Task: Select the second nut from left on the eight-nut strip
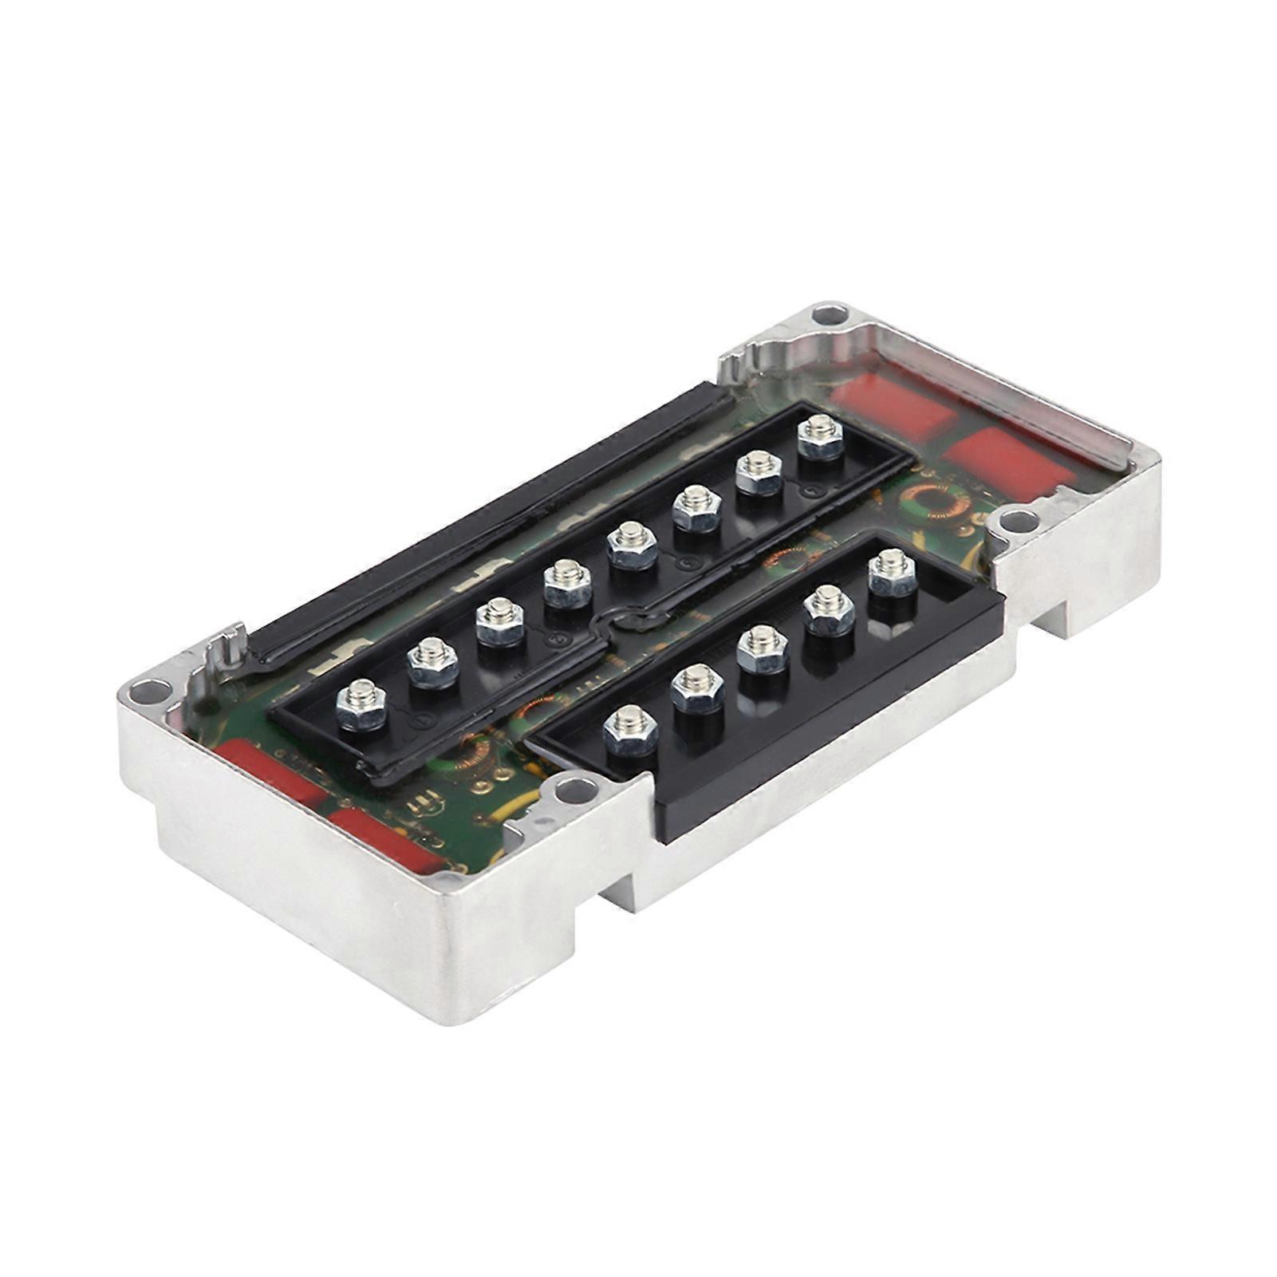[x=432, y=660]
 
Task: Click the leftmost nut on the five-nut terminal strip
[x=631, y=730]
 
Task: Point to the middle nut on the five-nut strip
[x=762, y=648]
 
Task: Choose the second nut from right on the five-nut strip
[x=828, y=609]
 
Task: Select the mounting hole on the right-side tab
[x=1013, y=523]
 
